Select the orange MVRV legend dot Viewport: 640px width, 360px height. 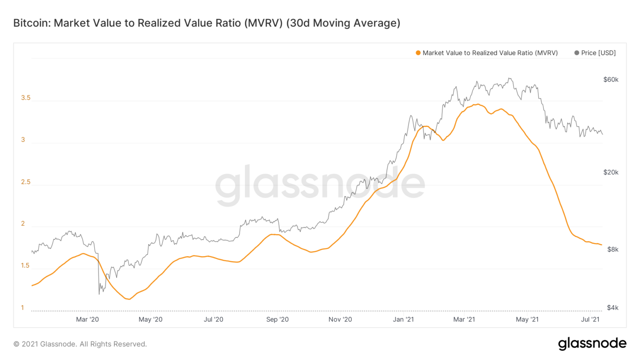[418, 53]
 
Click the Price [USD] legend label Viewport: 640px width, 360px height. [598, 53]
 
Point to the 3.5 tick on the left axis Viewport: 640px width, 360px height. [26, 98]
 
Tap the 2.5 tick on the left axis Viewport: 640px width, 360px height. [26, 182]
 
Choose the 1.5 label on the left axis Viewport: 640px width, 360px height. [26, 266]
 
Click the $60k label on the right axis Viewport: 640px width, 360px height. [610, 80]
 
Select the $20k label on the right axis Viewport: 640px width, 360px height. [610, 172]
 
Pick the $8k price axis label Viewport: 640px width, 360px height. [612, 250]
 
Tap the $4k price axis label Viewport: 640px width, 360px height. [612, 308]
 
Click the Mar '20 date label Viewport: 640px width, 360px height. [87, 320]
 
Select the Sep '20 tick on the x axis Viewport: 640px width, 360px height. [277, 320]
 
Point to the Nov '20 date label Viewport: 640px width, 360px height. [340, 320]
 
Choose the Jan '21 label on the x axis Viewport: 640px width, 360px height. [403, 320]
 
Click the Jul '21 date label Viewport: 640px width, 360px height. [590, 320]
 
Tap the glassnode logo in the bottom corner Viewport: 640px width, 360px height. [592, 344]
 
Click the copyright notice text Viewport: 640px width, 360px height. [80, 344]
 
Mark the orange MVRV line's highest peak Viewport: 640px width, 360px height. [477, 104]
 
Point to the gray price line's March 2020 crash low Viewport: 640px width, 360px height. [99, 294]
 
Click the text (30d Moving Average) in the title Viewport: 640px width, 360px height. [343, 23]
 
